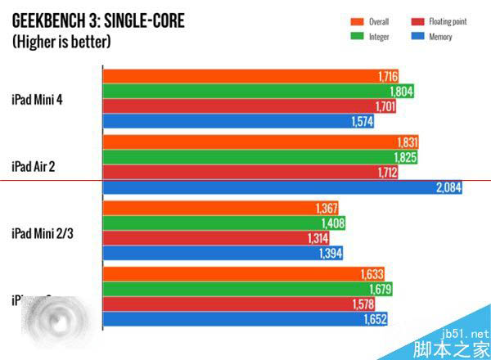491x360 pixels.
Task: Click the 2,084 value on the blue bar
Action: pos(448,187)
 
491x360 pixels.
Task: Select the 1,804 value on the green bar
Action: pos(400,91)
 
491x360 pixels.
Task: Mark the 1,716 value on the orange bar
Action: pos(387,76)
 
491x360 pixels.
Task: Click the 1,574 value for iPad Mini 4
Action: pos(361,121)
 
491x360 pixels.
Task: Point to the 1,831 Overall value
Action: pos(407,142)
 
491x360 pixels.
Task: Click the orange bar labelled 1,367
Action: pos(221,209)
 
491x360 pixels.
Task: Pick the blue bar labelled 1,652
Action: pos(245,319)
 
